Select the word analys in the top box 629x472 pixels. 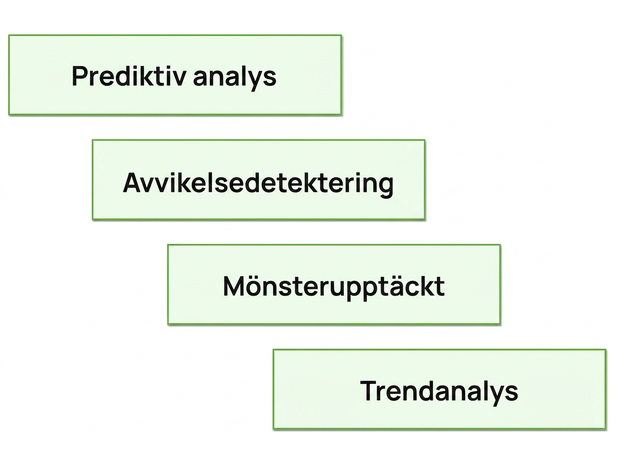[235, 77]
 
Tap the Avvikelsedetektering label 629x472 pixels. [258, 183]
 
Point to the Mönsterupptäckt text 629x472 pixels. [334, 286]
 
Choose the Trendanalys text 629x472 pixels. [439, 391]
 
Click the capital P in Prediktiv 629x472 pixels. [80, 76]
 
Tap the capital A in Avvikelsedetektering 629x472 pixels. [133, 183]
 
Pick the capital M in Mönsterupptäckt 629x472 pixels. [234, 286]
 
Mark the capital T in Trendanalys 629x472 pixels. [369, 390]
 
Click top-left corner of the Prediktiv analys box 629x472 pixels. [9, 35]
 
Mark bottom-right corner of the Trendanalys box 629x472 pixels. [606, 429]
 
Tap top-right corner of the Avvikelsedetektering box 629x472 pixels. [425, 140]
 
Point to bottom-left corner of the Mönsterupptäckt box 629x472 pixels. [168, 324]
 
